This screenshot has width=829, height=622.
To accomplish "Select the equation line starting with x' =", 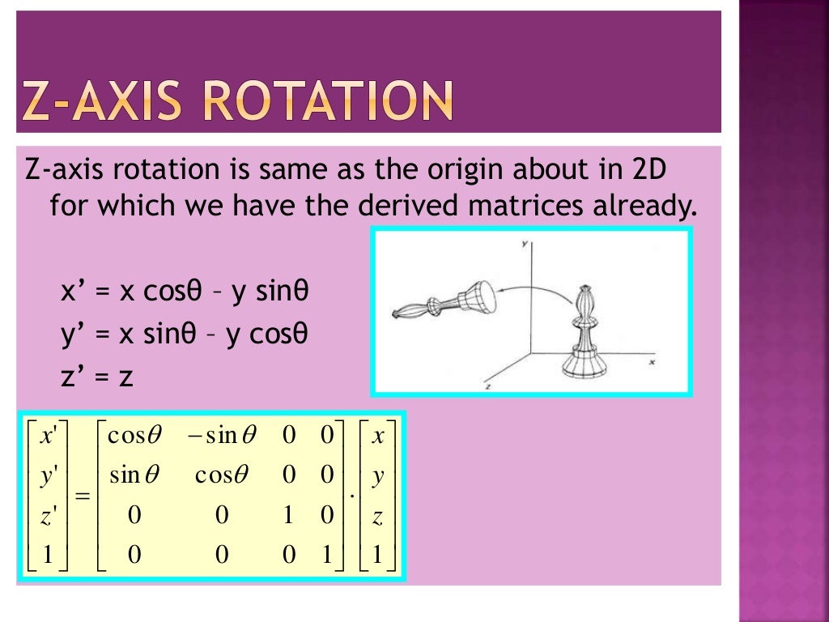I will click(185, 291).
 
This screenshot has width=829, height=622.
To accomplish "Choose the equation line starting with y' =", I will click(185, 334).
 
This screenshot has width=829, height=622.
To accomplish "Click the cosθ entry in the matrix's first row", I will click(134, 437).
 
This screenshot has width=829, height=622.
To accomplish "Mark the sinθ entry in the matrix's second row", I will click(134, 475).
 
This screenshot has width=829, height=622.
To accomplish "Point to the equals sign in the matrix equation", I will click(82, 496).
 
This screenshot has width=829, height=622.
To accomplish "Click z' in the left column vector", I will click(48, 516).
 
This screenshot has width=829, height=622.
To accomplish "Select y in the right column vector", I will click(377, 476).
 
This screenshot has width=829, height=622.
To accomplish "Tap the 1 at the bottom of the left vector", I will click(47, 555).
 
